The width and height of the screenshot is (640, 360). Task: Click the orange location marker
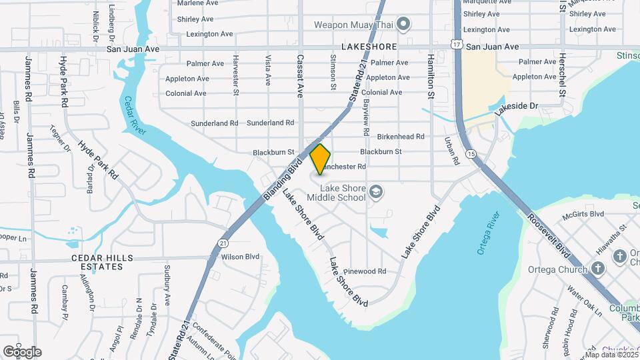[x=321, y=159]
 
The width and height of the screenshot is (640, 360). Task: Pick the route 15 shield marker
[x=472, y=154]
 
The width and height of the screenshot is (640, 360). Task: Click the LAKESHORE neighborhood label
[x=368, y=47]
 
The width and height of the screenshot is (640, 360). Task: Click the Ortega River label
[x=488, y=234]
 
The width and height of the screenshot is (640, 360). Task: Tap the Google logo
[x=22, y=352]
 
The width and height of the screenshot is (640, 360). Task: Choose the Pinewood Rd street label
[x=365, y=271]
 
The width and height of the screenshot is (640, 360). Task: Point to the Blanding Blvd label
[x=283, y=171]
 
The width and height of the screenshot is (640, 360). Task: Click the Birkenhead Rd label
[x=401, y=137]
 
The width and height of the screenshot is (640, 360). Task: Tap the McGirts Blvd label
[x=582, y=215]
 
